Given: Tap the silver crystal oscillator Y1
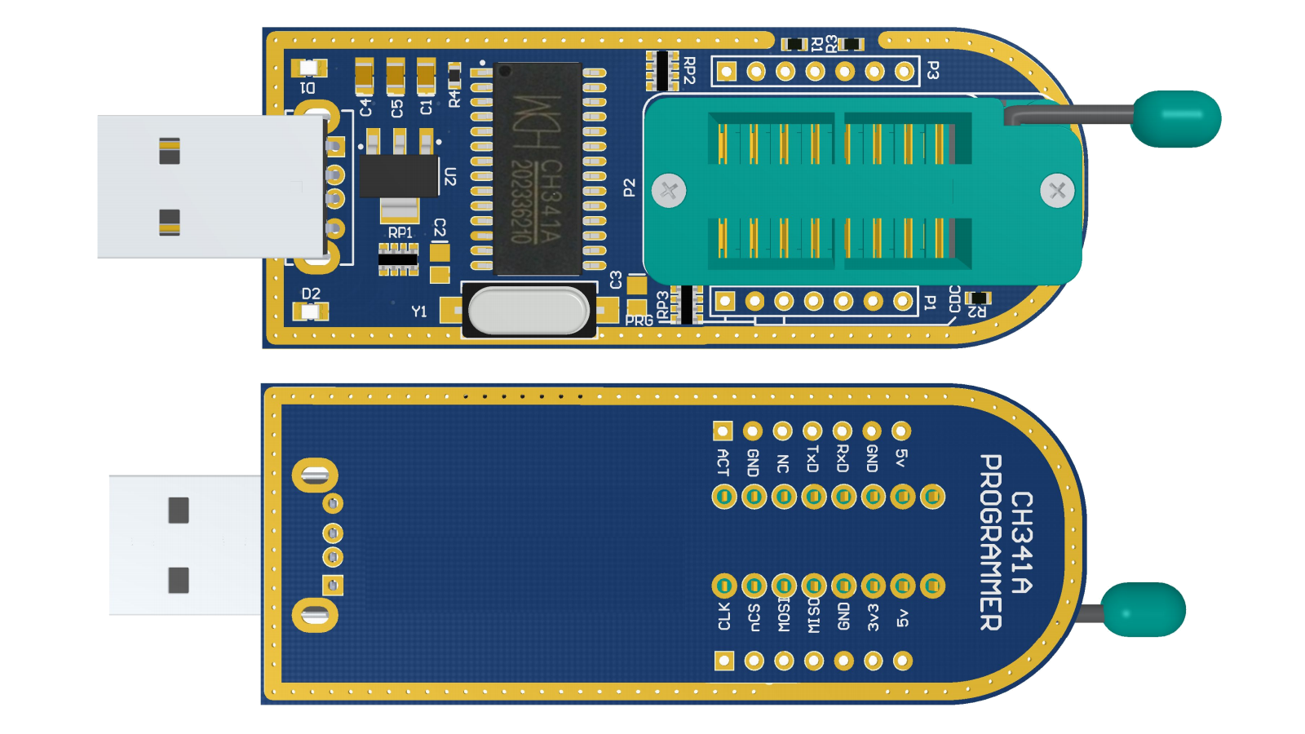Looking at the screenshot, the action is pos(529,311).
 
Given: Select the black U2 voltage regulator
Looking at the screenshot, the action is pos(399,175).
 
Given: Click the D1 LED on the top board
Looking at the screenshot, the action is pos(308,69).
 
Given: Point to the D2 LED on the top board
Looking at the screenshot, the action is pos(310,311).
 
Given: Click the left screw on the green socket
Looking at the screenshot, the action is pos(669,191).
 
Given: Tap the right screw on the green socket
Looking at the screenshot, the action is pos(1057,191).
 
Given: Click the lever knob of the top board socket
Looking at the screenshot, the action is pos(1176,119).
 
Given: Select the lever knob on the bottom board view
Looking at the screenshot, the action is pos(1143,609).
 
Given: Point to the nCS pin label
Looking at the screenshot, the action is pos(754,617).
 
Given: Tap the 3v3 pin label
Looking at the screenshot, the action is pos(873,617).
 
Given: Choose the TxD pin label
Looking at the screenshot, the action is pos(812,459).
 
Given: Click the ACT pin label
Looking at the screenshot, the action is pos(723,462).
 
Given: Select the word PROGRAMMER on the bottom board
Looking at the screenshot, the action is pos(990,542).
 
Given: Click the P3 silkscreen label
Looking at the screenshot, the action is pos(933,71).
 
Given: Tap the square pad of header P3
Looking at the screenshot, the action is pos(726,72).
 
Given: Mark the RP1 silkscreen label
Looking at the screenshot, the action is pos(400,233).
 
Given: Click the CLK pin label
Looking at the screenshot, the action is pos(723,617).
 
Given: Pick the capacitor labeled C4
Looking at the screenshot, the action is pos(365,77).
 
